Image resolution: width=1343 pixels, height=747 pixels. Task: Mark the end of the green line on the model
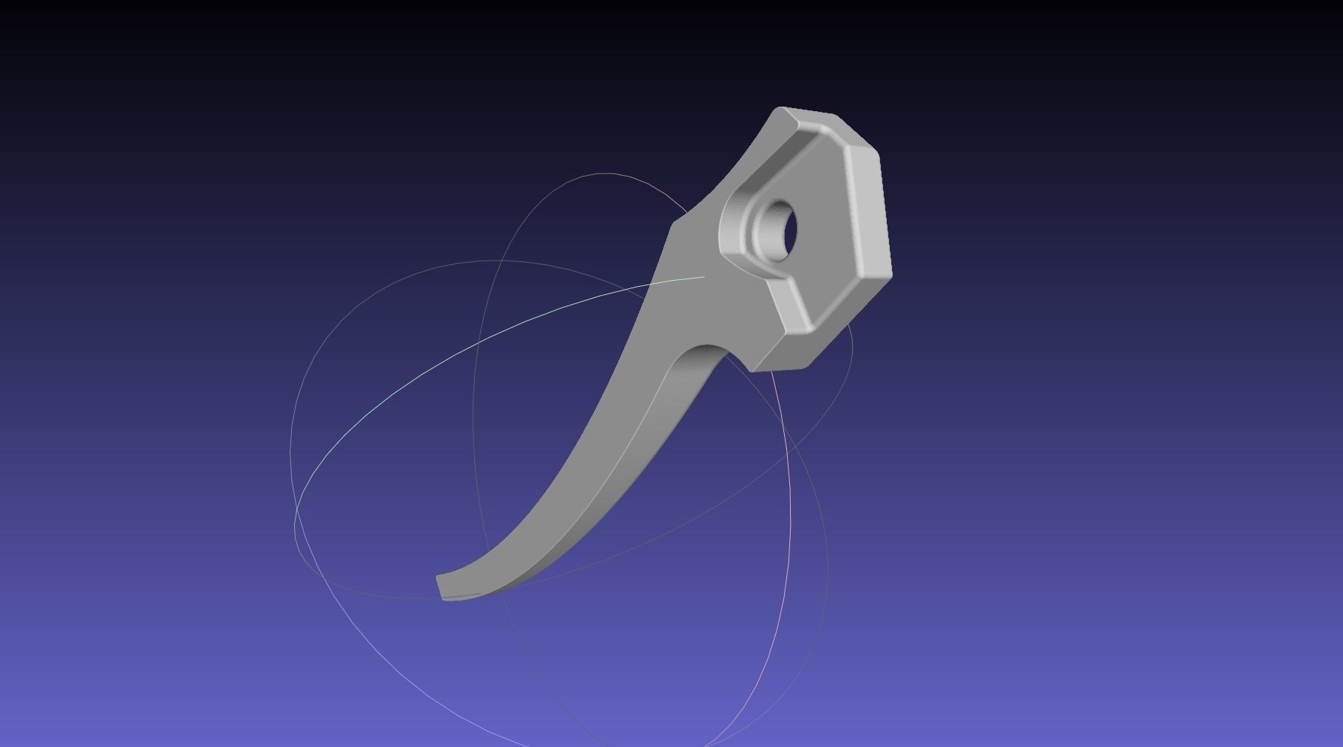[x=704, y=277]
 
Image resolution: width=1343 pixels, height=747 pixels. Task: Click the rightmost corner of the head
[x=891, y=274]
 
